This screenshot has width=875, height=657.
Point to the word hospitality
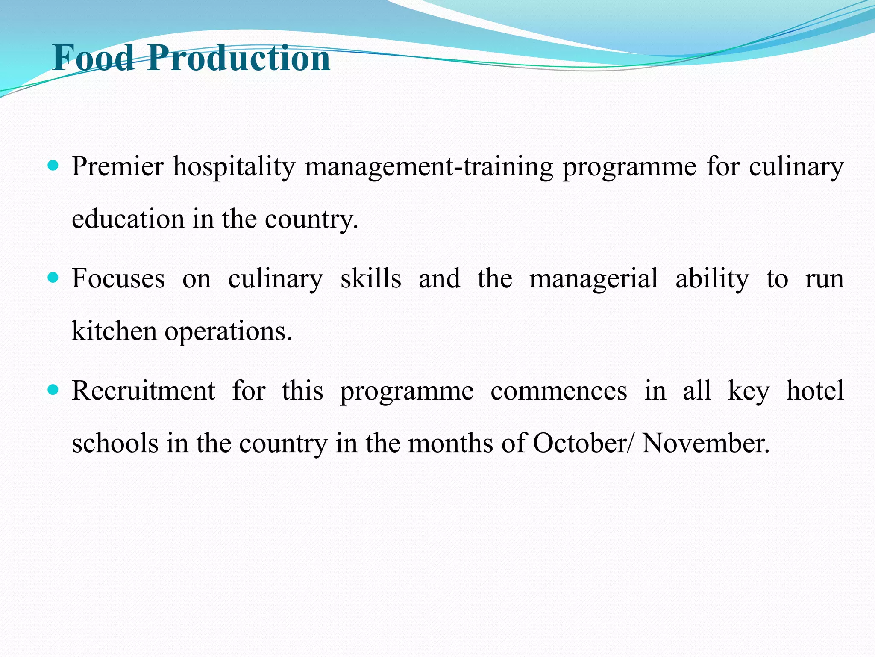234,167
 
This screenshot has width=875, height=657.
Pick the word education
128,219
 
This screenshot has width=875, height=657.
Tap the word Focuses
118,278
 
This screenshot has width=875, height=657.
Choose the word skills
371,278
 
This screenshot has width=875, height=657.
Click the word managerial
594,279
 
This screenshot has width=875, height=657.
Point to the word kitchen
114,331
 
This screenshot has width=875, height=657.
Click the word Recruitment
144,391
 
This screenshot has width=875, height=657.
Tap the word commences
559,391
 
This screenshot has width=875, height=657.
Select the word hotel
815,391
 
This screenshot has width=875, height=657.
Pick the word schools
115,443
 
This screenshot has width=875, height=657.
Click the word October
580,443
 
